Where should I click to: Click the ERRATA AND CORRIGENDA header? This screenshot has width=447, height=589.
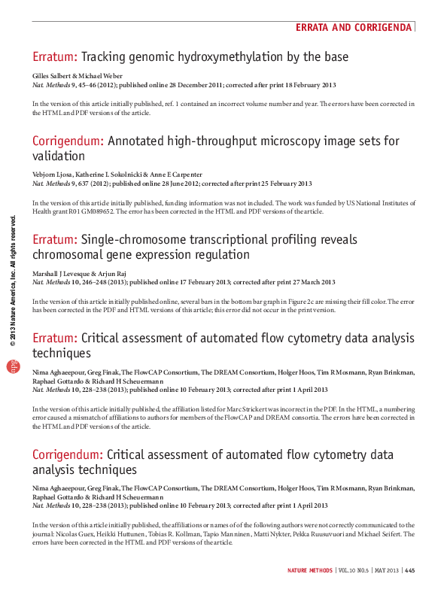[354, 27]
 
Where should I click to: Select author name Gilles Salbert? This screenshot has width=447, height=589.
[53, 77]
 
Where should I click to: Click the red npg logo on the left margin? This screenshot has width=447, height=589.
[11, 366]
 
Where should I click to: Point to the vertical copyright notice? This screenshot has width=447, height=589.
[11, 278]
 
